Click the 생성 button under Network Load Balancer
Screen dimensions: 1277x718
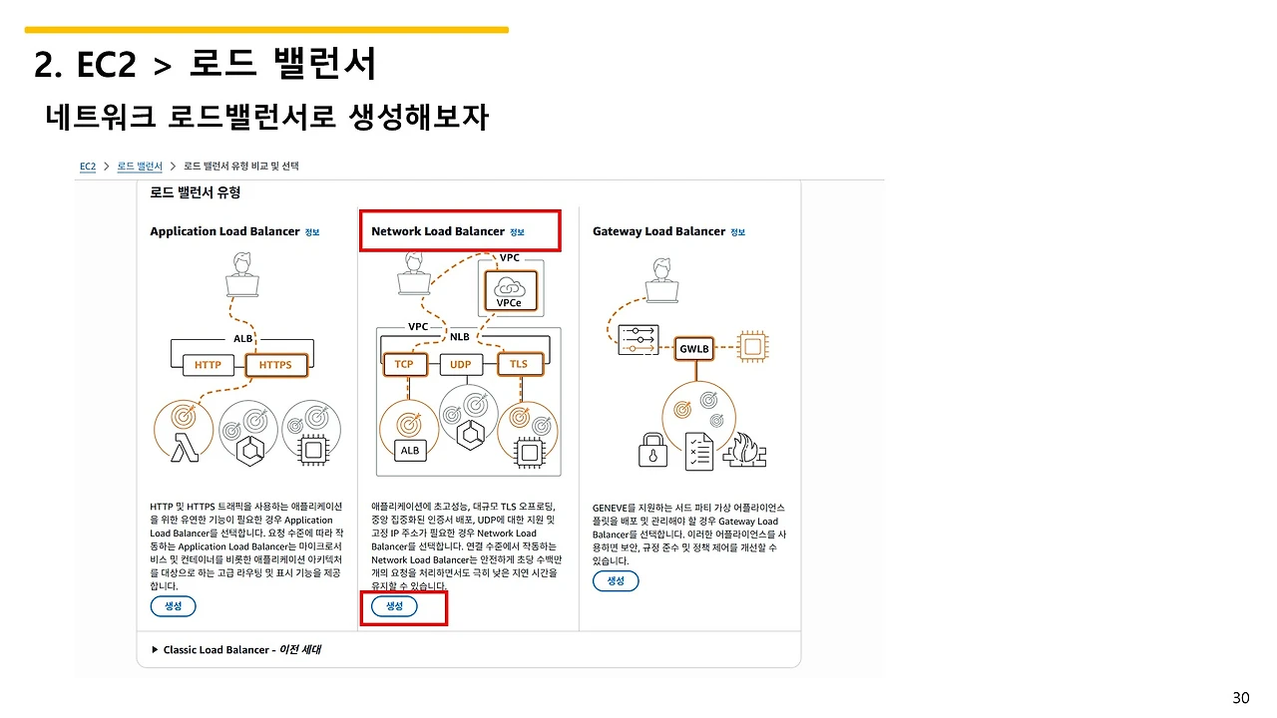(394, 606)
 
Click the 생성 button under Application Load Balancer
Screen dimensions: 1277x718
(173, 606)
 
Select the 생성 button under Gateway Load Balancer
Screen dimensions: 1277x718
(616, 580)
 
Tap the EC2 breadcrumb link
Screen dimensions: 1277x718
(88, 166)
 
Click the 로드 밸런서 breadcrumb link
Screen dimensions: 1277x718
(139, 166)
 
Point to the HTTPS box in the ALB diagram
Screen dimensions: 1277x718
(275, 365)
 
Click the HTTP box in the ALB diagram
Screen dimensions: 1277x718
(208, 365)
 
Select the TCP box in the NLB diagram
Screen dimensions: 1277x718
(404, 364)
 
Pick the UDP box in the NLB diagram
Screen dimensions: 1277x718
(460, 364)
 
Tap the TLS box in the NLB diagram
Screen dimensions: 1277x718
(519, 364)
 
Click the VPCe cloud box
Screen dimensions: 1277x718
(509, 290)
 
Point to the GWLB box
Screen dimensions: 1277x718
(693, 350)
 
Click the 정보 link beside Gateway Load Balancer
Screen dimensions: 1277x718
(737, 232)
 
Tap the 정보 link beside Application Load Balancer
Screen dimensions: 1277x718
(312, 232)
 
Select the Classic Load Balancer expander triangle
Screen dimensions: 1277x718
(155, 649)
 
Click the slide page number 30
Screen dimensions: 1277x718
(1240, 697)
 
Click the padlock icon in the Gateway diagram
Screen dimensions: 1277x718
(652, 450)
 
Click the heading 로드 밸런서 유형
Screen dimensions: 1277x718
(196, 191)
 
